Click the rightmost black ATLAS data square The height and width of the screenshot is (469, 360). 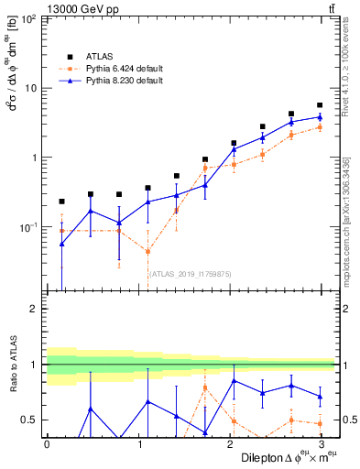coord(319,105)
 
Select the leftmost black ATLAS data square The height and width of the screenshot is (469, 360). coord(61,202)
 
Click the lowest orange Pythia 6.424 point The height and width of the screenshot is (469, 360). coord(147,252)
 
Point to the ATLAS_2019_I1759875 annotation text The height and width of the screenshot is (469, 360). coord(191,272)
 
